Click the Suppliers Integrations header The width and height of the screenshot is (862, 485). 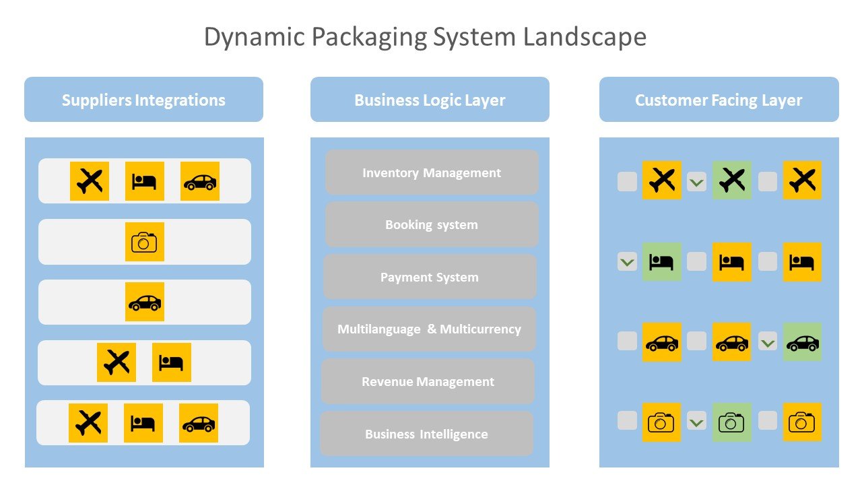pyautogui.click(x=143, y=100)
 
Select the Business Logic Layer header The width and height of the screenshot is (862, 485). pyautogui.click(x=430, y=100)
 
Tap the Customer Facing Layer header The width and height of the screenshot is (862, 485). pyautogui.click(x=719, y=100)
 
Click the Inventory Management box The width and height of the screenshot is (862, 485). pyautogui.click(x=432, y=172)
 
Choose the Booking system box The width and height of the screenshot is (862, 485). pyautogui.click(x=432, y=224)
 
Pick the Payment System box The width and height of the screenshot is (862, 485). pyautogui.click(x=430, y=277)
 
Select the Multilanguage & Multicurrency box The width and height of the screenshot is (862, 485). pyautogui.click(x=429, y=329)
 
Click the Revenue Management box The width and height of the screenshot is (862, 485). pyautogui.click(x=428, y=381)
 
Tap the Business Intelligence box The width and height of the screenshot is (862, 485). pyautogui.click(x=426, y=434)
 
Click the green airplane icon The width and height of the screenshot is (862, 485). pyautogui.click(x=732, y=181)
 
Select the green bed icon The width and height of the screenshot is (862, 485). pyautogui.click(x=661, y=261)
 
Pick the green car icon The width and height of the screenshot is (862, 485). pyautogui.click(x=802, y=342)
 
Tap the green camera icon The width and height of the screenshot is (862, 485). pyautogui.click(x=732, y=422)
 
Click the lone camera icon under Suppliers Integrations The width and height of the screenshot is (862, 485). pyautogui.click(x=144, y=242)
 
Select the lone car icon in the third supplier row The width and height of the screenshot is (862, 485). pyautogui.click(x=144, y=302)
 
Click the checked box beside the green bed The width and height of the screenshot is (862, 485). pyautogui.click(x=627, y=261)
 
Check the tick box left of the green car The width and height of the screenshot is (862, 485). pyautogui.click(x=768, y=342)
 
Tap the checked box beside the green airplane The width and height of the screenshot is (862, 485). pyautogui.click(x=697, y=181)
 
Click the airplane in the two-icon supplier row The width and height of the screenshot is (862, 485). pyautogui.click(x=117, y=362)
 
